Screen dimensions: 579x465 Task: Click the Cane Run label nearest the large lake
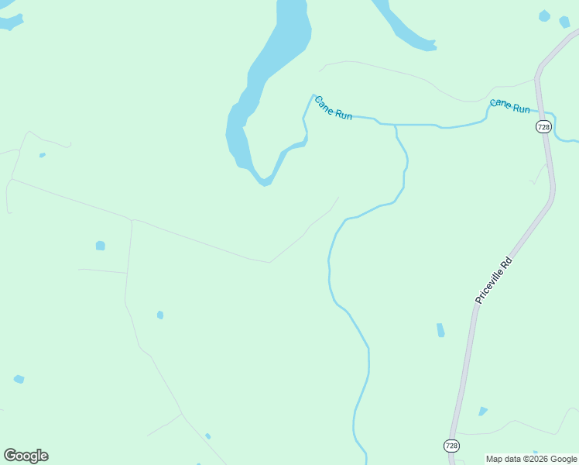(x=334, y=108)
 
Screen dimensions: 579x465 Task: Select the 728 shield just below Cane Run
(x=543, y=126)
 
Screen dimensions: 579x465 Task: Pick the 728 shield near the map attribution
(x=452, y=445)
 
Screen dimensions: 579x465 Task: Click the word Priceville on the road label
(x=490, y=285)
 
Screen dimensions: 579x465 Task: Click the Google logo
(x=26, y=456)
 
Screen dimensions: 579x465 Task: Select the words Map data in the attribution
(x=504, y=459)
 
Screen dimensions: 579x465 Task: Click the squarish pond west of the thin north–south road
(x=100, y=246)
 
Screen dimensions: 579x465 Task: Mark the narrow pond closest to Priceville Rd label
(x=440, y=330)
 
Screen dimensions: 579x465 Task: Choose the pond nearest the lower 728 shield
(x=483, y=411)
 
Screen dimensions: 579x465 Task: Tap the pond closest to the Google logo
(x=19, y=379)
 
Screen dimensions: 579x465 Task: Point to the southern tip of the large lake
(x=266, y=184)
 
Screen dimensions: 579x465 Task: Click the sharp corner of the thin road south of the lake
(x=269, y=262)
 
